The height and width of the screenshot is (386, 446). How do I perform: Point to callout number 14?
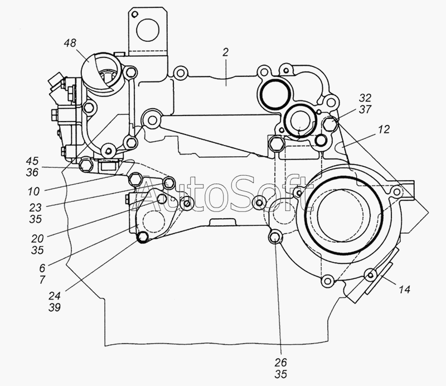(404, 289)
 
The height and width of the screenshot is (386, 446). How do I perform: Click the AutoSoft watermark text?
(223, 195)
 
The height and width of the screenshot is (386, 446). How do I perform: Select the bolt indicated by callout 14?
(370, 275)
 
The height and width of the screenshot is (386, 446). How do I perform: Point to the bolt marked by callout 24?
(142, 238)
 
